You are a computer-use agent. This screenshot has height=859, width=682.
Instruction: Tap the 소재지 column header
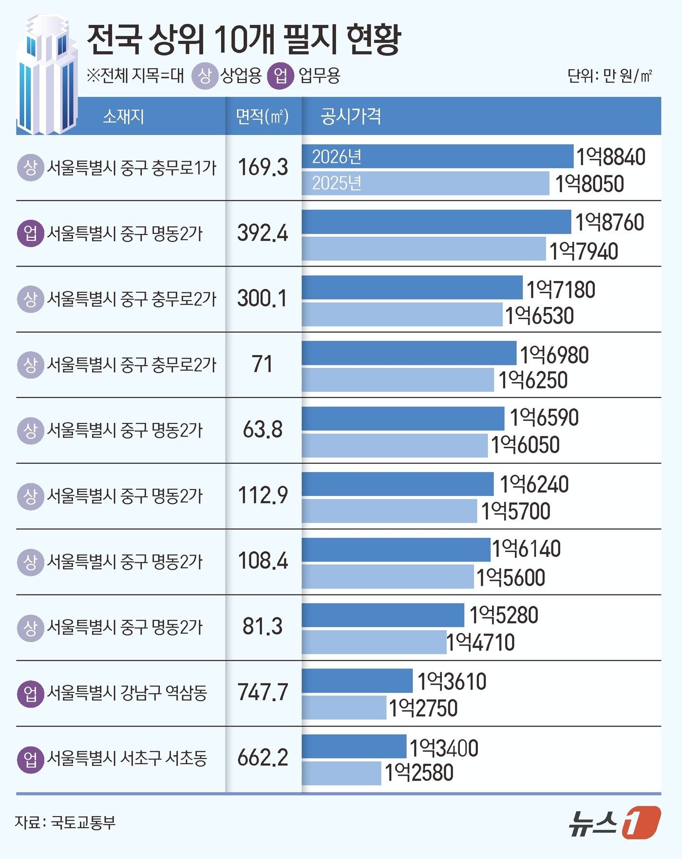pyautogui.click(x=123, y=116)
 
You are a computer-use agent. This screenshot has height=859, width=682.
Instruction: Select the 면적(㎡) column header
pyautogui.click(x=262, y=116)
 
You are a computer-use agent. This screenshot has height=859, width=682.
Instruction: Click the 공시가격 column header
pyautogui.click(x=351, y=116)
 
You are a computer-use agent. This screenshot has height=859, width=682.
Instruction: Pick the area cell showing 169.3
pyautogui.click(x=263, y=168)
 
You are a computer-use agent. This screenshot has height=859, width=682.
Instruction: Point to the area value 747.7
pyautogui.click(x=263, y=692)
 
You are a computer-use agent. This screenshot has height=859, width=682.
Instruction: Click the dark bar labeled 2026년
pyautogui.click(x=437, y=156)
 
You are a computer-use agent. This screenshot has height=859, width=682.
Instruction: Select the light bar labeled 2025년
pyautogui.click(x=425, y=183)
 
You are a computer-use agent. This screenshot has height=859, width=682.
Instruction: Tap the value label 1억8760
pyautogui.click(x=609, y=223)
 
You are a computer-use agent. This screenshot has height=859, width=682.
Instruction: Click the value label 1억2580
pyautogui.click(x=419, y=773)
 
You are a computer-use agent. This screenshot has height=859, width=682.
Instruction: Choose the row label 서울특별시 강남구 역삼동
pyautogui.click(x=127, y=692)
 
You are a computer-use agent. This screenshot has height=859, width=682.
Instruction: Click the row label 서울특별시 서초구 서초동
pyautogui.click(x=127, y=758)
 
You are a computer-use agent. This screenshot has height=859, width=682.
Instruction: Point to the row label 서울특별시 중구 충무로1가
pyautogui.click(x=132, y=168)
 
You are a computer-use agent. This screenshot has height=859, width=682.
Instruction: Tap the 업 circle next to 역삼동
pyautogui.click(x=30, y=693)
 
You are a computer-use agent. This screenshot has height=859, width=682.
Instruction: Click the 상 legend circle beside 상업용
pyautogui.click(x=205, y=76)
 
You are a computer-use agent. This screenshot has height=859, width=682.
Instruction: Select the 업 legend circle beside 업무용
pyautogui.click(x=281, y=76)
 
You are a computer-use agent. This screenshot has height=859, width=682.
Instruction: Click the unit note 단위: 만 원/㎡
pyautogui.click(x=609, y=76)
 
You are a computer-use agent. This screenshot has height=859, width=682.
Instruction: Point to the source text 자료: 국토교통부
pyautogui.click(x=65, y=822)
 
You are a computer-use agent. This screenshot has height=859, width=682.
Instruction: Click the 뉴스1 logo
pyautogui.click(x=615, y=822)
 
